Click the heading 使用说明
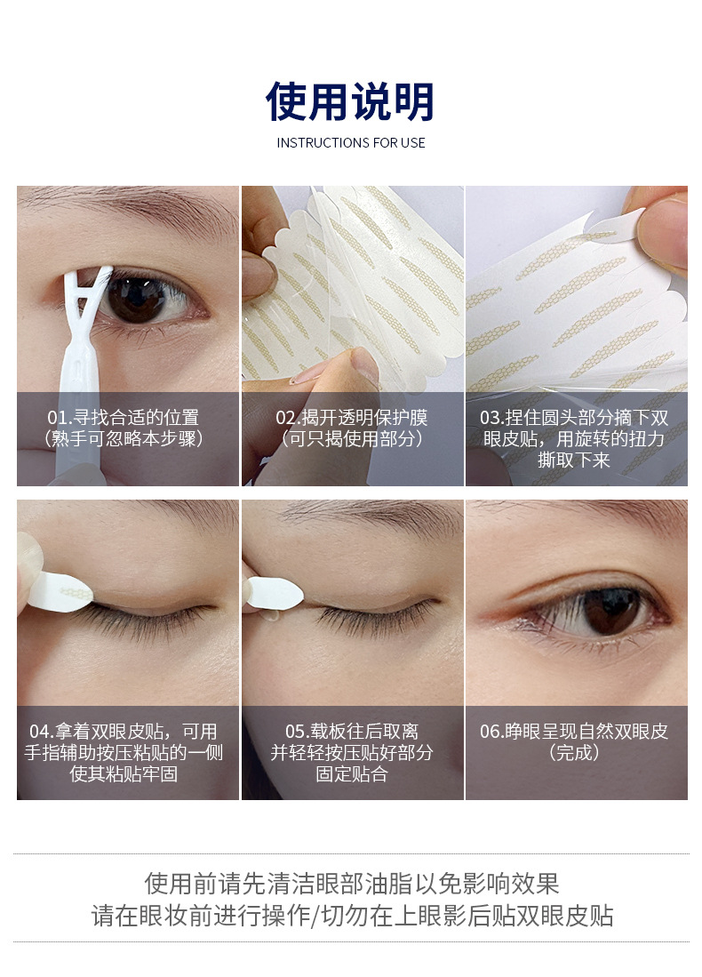pos(350,101)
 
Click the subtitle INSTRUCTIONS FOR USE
pos(351,143)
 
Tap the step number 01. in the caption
pos(60,418)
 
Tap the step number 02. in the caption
pos(289,418)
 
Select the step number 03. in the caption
pos(492,418)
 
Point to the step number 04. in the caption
pos(42,731)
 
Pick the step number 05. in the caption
pos(298,731)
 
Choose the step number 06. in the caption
pos(492,731)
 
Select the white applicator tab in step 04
pos(60,591)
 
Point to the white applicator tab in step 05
pos(275,593)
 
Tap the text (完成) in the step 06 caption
pos(574,753)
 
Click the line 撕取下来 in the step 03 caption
pos(574,460)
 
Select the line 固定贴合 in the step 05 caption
pos(352,774)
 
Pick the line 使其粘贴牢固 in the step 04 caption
pos(124,774)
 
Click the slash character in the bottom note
pos(315,916)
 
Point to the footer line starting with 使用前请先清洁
pos(351,884)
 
